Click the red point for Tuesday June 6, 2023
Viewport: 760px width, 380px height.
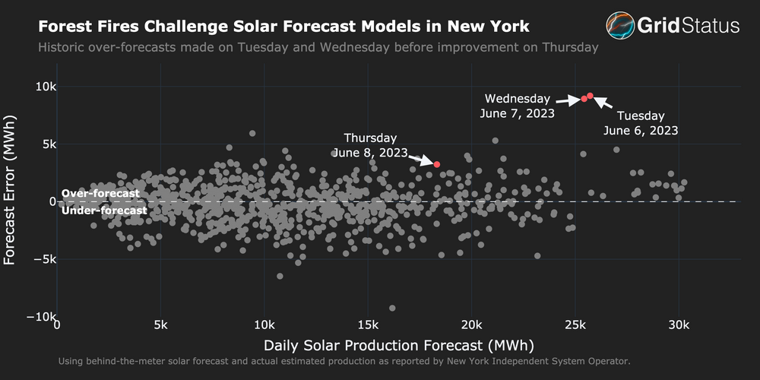[x=591, y=96]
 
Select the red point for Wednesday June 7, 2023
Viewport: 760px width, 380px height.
[x=584, y=99]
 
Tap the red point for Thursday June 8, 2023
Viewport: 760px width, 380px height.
[x=437, y=164]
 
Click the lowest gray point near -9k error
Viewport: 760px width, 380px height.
[x=392, y=308]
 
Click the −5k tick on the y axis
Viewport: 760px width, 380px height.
[x=42, y=259]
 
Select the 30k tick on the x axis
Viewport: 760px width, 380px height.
[x=678, y=325]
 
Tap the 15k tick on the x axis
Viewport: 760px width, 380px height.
[x=368, y=325]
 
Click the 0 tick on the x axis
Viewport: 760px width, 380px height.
[x=58, y=325]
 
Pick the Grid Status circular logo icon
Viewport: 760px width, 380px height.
[x=620, y=26]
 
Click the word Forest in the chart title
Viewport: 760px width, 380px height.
[x=64, y=27]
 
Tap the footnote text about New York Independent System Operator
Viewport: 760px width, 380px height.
[x=344, y=361]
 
